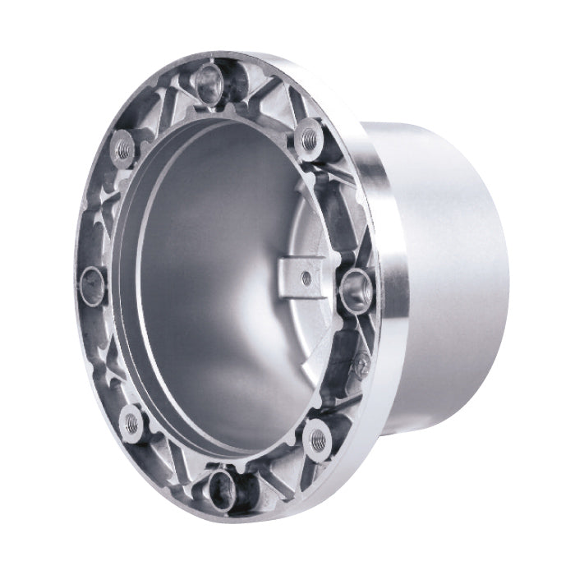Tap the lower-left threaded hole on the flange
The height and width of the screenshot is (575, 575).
click(x=130, y=421)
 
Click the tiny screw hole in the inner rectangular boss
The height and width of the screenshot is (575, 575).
click(x=304, y=278)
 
